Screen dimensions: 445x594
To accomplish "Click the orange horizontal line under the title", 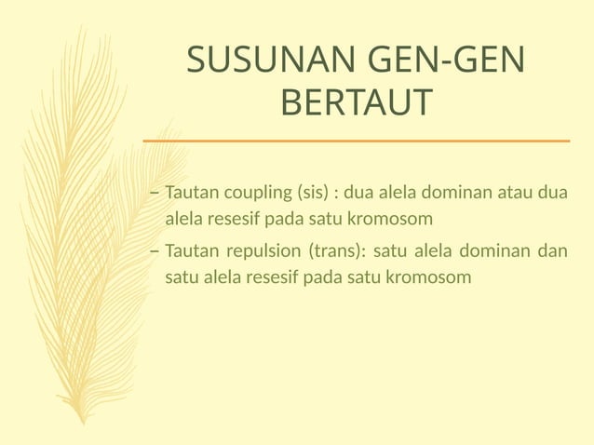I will [356, 141].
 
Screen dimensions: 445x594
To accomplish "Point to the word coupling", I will [253, 195].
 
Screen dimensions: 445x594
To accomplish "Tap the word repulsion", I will [258, 251].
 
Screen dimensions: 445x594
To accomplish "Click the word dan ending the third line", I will [554, 251].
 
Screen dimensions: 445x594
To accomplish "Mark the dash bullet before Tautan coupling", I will [155, 195].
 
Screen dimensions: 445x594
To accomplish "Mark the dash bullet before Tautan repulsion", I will [155, 251].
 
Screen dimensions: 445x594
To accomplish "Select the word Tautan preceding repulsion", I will [191, 251].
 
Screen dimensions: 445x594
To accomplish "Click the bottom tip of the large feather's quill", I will [84, 423].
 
